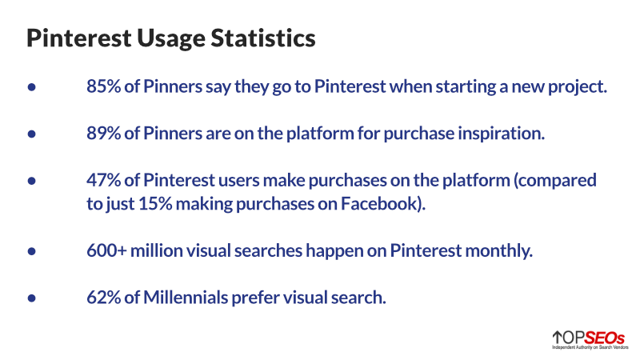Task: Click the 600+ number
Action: click(108, 250)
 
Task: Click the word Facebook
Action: click(378, 203)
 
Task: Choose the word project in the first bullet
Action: click(580, 86)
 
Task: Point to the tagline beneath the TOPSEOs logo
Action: click(588, 348)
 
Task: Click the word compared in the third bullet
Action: click(557, 180)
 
